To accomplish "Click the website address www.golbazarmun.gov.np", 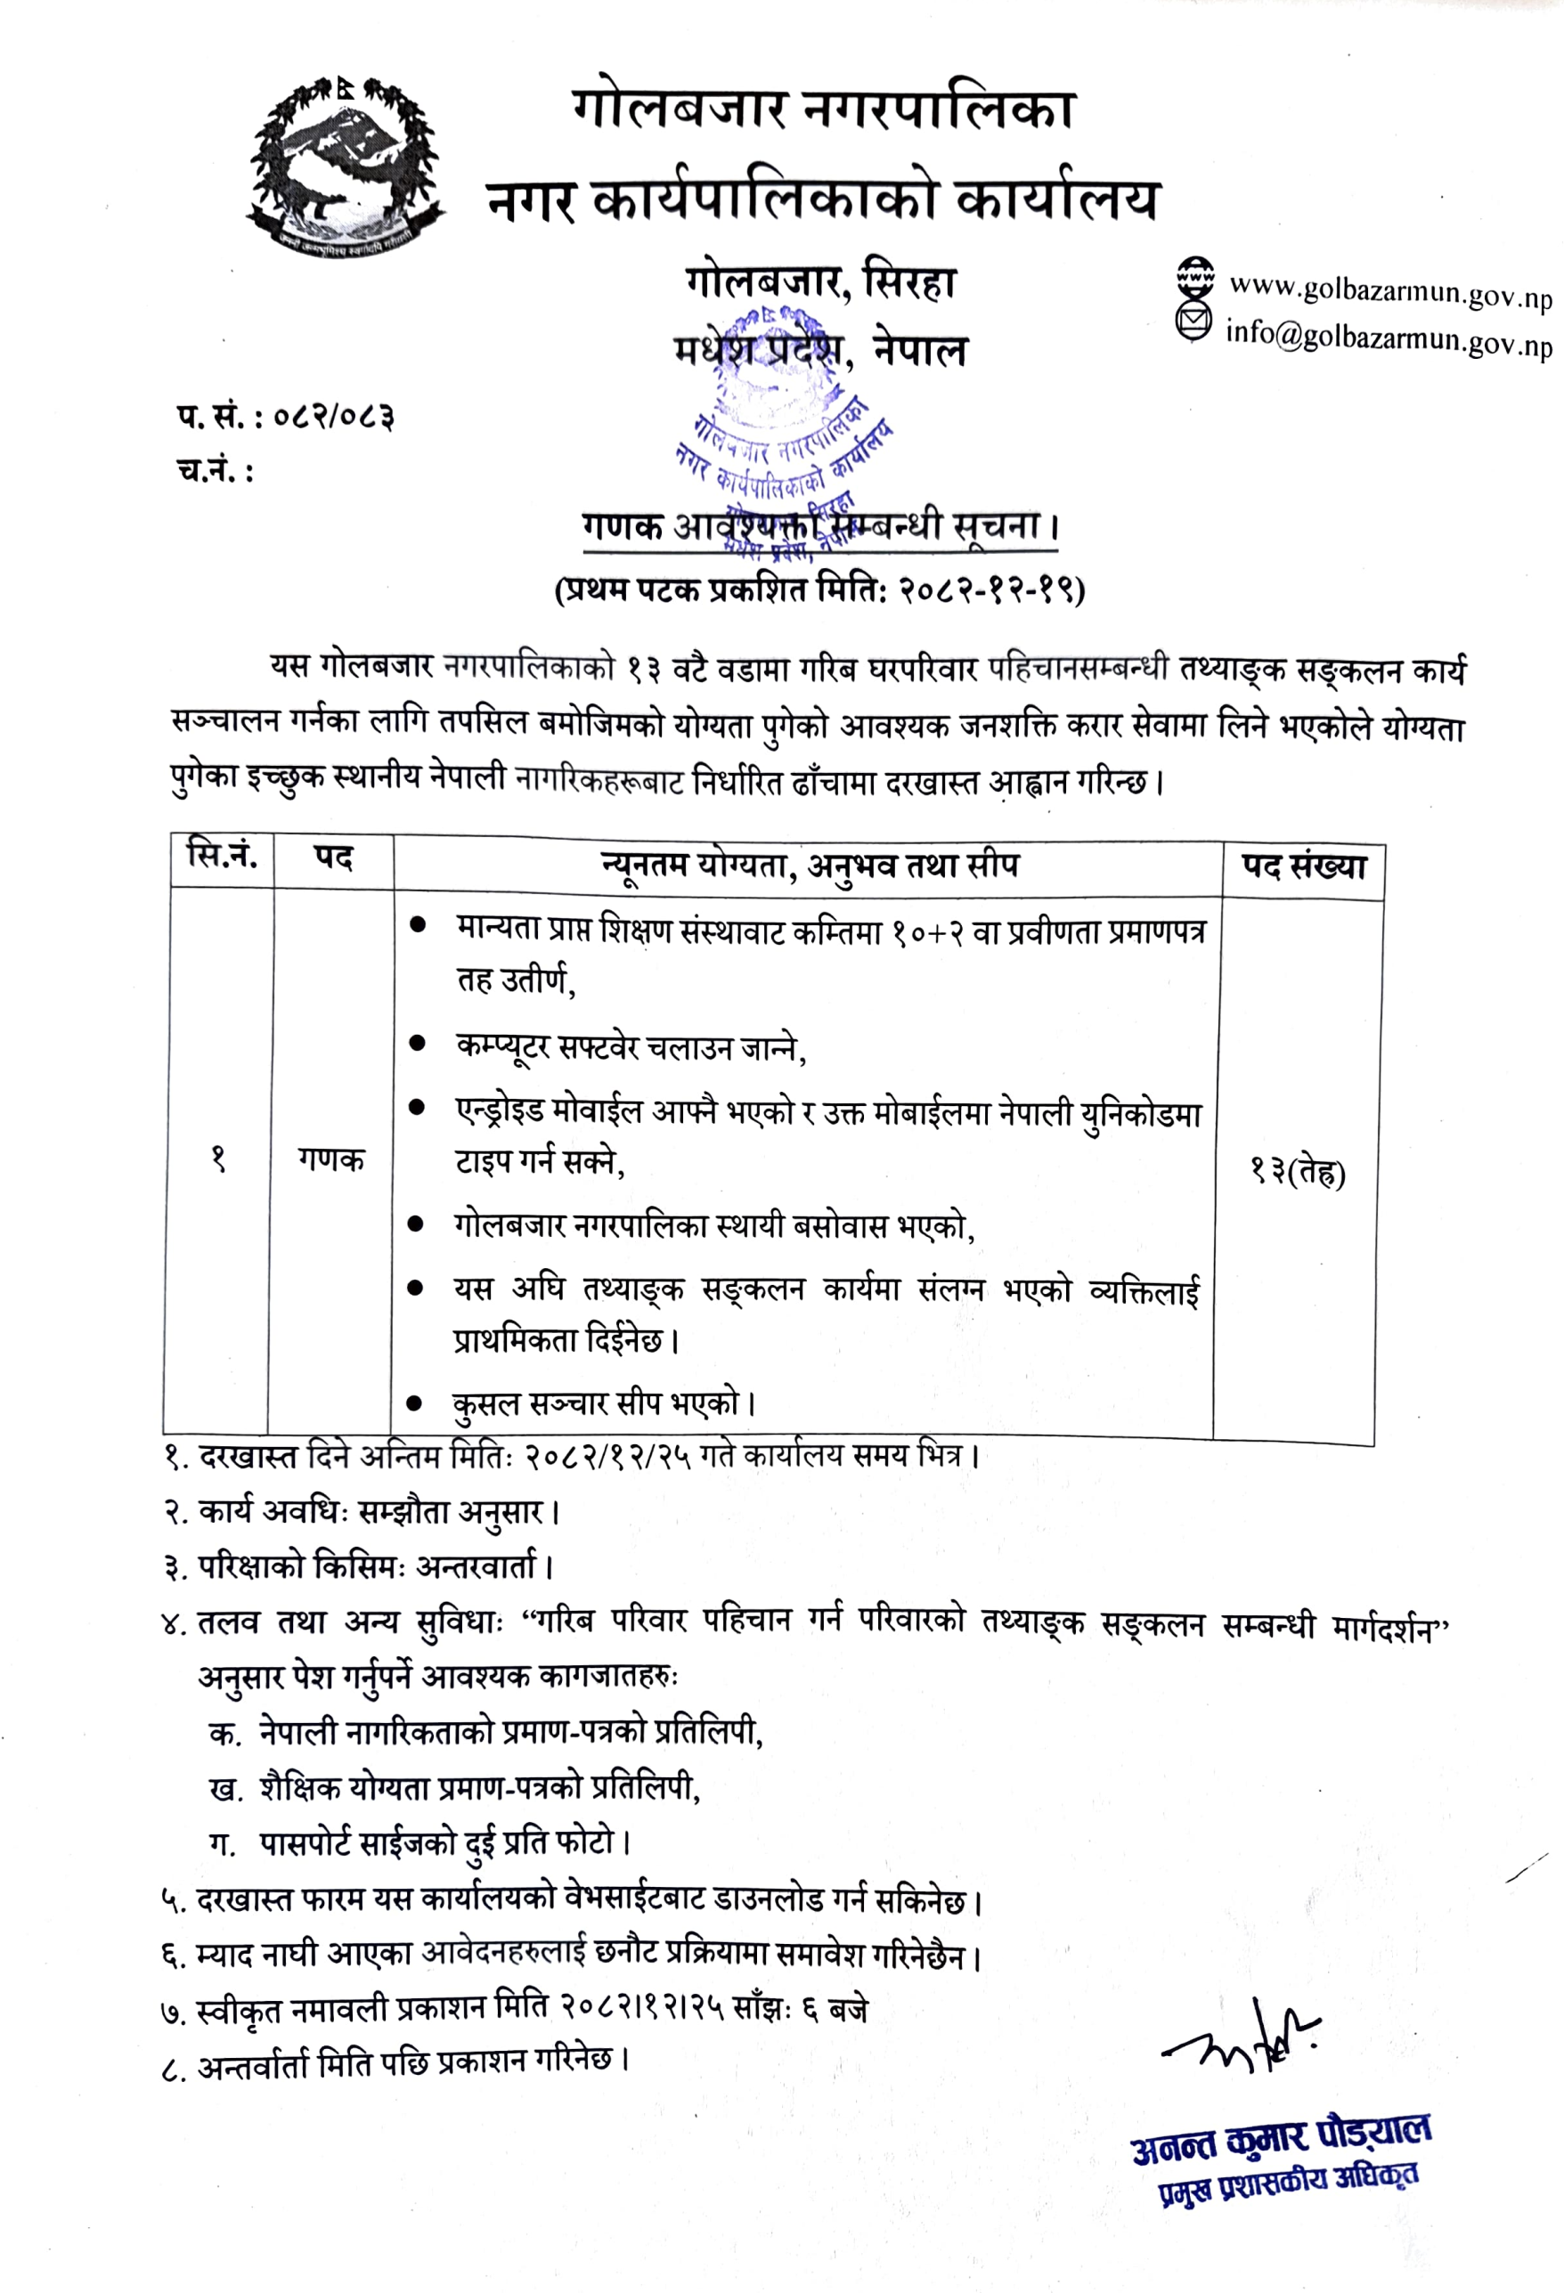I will point(1389,292).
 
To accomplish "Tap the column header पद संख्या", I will point(1304,867).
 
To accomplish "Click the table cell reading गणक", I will point(331,1159).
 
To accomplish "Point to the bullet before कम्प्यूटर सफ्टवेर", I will point(418,1043).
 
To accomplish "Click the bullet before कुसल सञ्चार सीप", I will point(415,1402).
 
